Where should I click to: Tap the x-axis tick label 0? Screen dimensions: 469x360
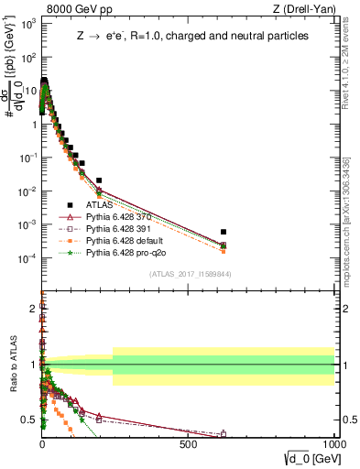42,442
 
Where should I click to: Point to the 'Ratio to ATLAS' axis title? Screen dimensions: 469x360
12,365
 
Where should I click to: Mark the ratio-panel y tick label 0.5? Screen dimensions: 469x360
29,420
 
